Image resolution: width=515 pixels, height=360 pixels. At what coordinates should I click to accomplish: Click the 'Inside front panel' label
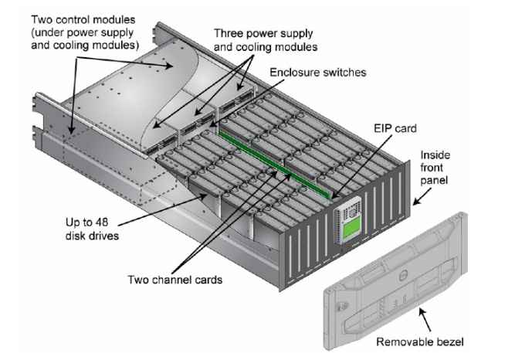(x=451, y=165)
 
